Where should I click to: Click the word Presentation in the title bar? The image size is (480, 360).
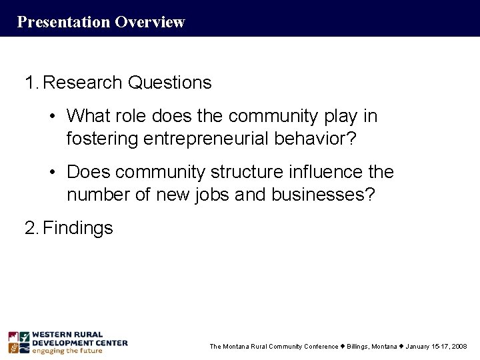(63, 22)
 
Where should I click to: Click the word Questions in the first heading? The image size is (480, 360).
(171, 83)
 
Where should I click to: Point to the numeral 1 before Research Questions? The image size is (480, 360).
(29, 83)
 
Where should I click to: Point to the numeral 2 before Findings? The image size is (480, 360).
(29, 229)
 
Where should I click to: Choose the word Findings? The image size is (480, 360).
(77, 229)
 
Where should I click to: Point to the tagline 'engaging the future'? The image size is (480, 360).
(67, 351)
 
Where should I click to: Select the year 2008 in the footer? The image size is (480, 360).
(460, 347)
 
